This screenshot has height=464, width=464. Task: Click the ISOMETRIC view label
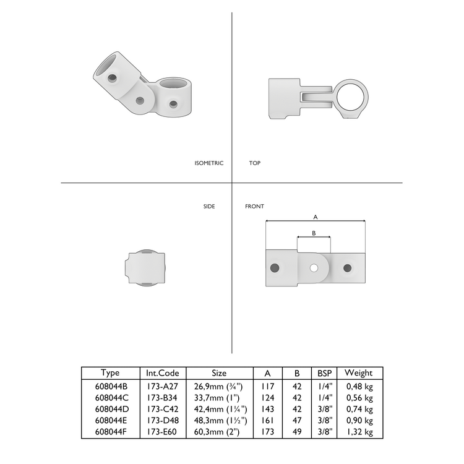[208, 163]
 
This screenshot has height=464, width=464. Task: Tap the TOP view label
[254, 163]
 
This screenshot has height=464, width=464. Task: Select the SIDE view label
[209, 206]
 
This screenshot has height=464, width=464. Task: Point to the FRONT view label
[254, 206]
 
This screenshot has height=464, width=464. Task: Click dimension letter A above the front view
[316, 217]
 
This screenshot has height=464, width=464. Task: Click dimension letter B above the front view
[314, 233]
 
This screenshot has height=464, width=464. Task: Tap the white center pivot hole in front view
[314, 268]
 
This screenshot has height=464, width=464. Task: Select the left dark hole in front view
[275, 268]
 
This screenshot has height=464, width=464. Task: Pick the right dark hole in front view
[347, 268]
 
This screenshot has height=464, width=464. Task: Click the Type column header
[110, 373]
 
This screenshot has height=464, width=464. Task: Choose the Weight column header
[358, 373]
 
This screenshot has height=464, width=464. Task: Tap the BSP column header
[324, 373]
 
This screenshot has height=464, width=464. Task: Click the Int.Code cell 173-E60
[162, 431]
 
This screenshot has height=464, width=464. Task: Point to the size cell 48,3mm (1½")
[219, 420]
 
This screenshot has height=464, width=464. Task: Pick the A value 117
[267, 387]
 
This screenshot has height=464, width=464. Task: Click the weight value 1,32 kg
[359, 431]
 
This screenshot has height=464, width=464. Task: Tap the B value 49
[297, 431]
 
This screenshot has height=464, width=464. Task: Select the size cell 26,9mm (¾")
[219, 387]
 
